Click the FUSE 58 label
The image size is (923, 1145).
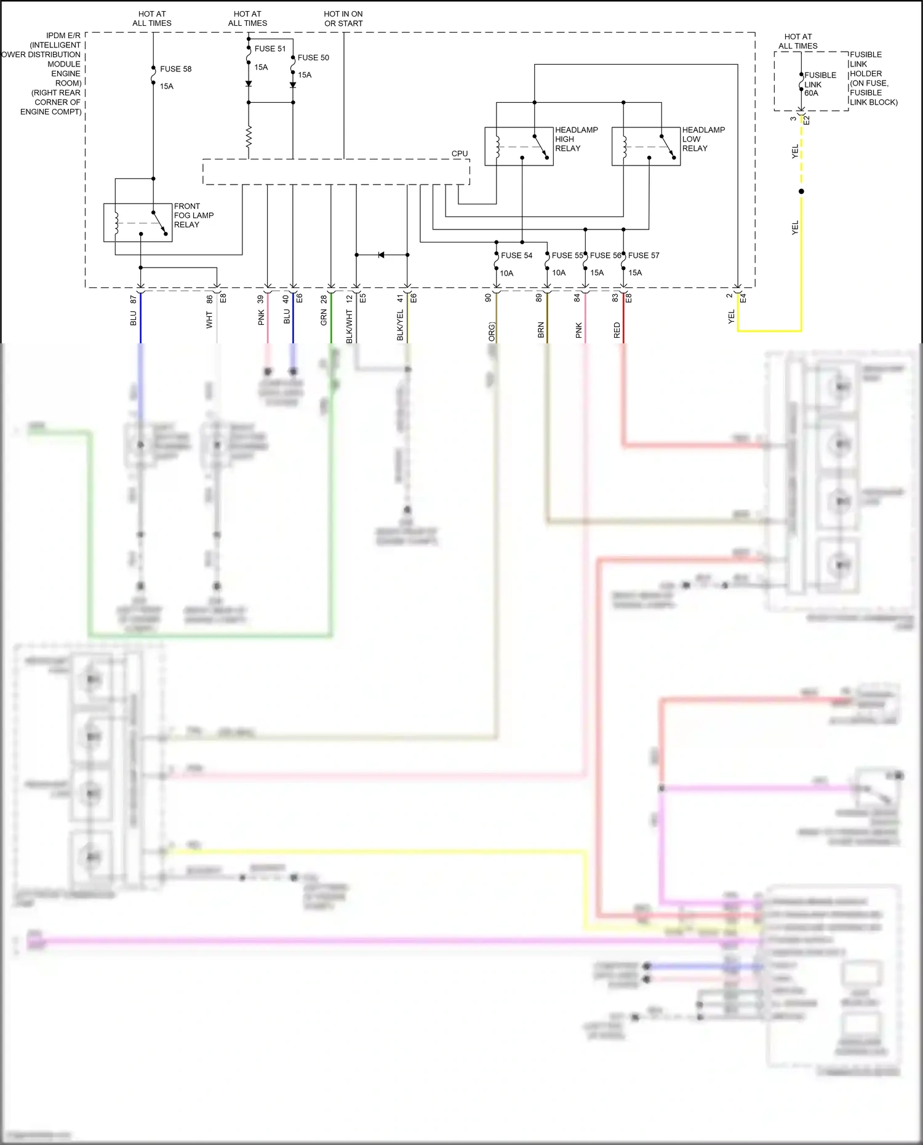click(x=175, y=69)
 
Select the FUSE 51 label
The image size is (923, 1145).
click(x=270, y=49)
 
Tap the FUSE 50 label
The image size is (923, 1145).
click(x=313, y=58)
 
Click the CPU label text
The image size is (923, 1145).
click(x=460, y=154)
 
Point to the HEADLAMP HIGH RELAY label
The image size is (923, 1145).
click(x=576, y=139)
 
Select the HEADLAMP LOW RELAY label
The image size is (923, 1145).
click(x=703, y=139)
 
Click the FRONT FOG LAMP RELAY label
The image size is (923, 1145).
click(x=193, y=215)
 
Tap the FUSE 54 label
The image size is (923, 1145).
click(x=516, y=255)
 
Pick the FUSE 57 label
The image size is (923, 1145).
click(x=644, y=255)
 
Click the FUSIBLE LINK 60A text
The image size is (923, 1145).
click(x=820, y=84)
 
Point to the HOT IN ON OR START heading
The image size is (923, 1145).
click(x=343, y=18)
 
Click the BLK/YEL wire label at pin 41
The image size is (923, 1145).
click(x=401, y=325)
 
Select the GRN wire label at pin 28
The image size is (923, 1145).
click(x=324, y=318)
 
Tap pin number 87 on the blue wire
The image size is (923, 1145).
click(x=134, y=299)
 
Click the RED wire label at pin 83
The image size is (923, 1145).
click(x=617, y=330)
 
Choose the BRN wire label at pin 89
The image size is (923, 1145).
click(x=541, y=330)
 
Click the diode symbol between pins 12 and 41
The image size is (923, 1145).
click(x=381, y=255)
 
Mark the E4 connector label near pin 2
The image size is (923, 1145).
click(x=743, y=298)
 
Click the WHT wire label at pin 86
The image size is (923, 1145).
click(x=209, y=320)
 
